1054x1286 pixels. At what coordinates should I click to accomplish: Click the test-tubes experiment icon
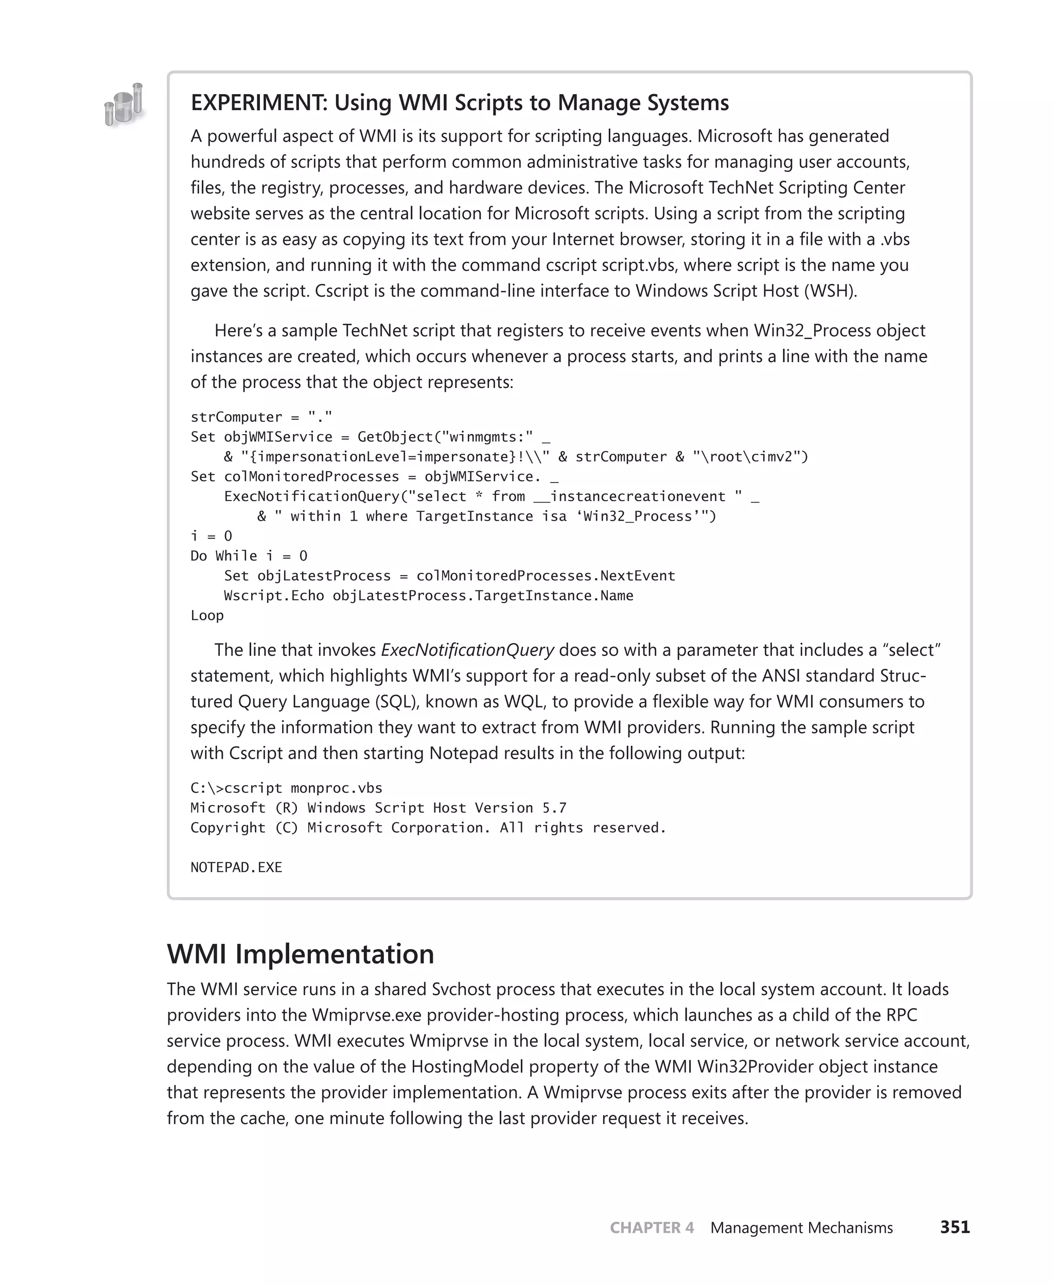(x=125, y=105)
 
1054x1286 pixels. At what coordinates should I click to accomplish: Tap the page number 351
(x=955, y=1227)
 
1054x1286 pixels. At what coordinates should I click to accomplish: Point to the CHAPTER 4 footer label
(x=652, y=1228)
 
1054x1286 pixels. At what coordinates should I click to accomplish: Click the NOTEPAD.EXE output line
(x=236, y=867)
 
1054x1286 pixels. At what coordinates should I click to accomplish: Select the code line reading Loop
(x=207, y=615)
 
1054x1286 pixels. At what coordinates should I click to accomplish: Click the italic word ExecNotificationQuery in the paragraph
(x=467, y=650)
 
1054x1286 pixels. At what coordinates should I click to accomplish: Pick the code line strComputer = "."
(x=261, y=417)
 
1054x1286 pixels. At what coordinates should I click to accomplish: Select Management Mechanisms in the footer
(x=801, y=1228)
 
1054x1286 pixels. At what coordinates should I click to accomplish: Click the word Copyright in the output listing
(x=227, y=828)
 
